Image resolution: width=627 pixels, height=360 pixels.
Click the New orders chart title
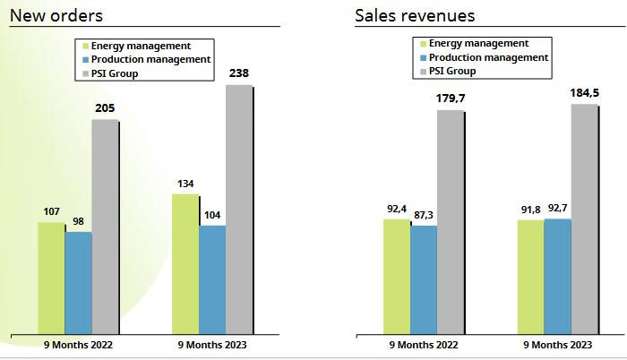point(55,15)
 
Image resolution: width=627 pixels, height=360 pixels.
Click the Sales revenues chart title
point(414,15)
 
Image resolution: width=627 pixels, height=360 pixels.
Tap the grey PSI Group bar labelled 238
point(239,210)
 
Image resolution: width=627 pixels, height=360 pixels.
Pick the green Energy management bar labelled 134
point(185,264)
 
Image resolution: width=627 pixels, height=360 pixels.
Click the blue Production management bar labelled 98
point(79,283)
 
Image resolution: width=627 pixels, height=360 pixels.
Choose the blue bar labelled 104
point(212,279)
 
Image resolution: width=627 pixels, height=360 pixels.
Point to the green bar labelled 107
point(51,279)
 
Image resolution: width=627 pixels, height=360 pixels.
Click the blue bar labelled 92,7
point(557,277)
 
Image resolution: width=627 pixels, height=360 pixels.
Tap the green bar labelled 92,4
point(397,277)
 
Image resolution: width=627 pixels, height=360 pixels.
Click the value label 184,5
point(584,92)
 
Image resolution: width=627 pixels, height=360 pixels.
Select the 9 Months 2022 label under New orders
point(79,345)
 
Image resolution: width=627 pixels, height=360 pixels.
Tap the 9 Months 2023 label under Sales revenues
point(557,345)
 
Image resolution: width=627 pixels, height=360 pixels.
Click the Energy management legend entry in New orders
point(142,45)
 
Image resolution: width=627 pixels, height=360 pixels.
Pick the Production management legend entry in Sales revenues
point(488,57)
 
